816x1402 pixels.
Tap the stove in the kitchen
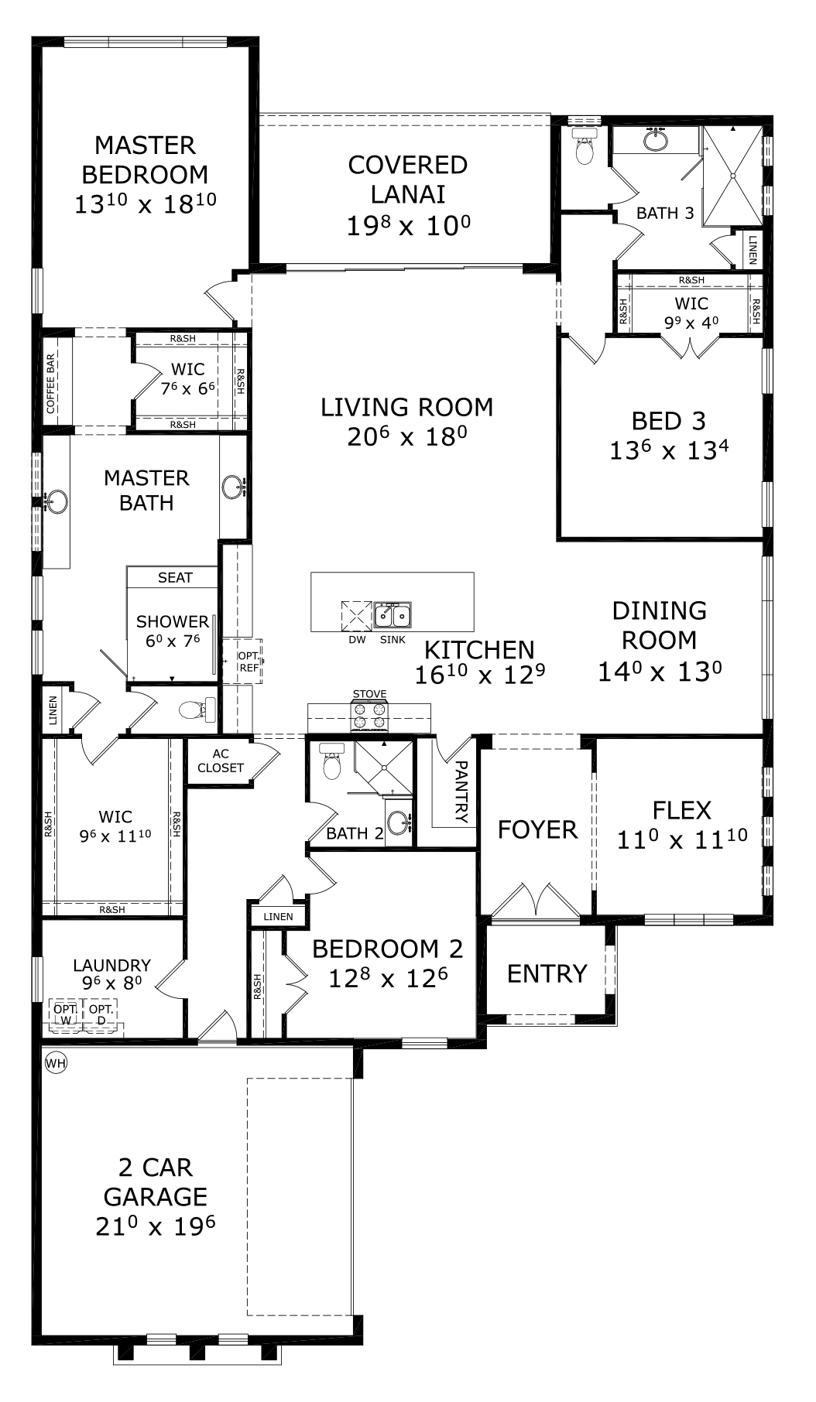coord(369,716)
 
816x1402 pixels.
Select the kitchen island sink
coord(393,616)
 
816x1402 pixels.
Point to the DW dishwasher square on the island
coord(357,617)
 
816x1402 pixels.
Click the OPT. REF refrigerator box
coord(249,662)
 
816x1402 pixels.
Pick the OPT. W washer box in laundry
coord(65,1014)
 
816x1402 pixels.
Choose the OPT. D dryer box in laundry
coord(101,1014)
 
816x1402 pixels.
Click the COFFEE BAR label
coord(51,384)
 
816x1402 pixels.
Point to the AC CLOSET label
coord(221,761)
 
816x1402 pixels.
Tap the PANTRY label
coord(461,791)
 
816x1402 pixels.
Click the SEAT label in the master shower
coord(175,577)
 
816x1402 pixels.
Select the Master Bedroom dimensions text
coord(146,203)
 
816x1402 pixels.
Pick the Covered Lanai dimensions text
coord(409,225)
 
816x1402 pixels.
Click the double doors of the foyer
coord(535,899)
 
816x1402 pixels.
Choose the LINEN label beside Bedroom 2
coord(278,917)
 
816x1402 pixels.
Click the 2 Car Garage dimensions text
coord(155,1226)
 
